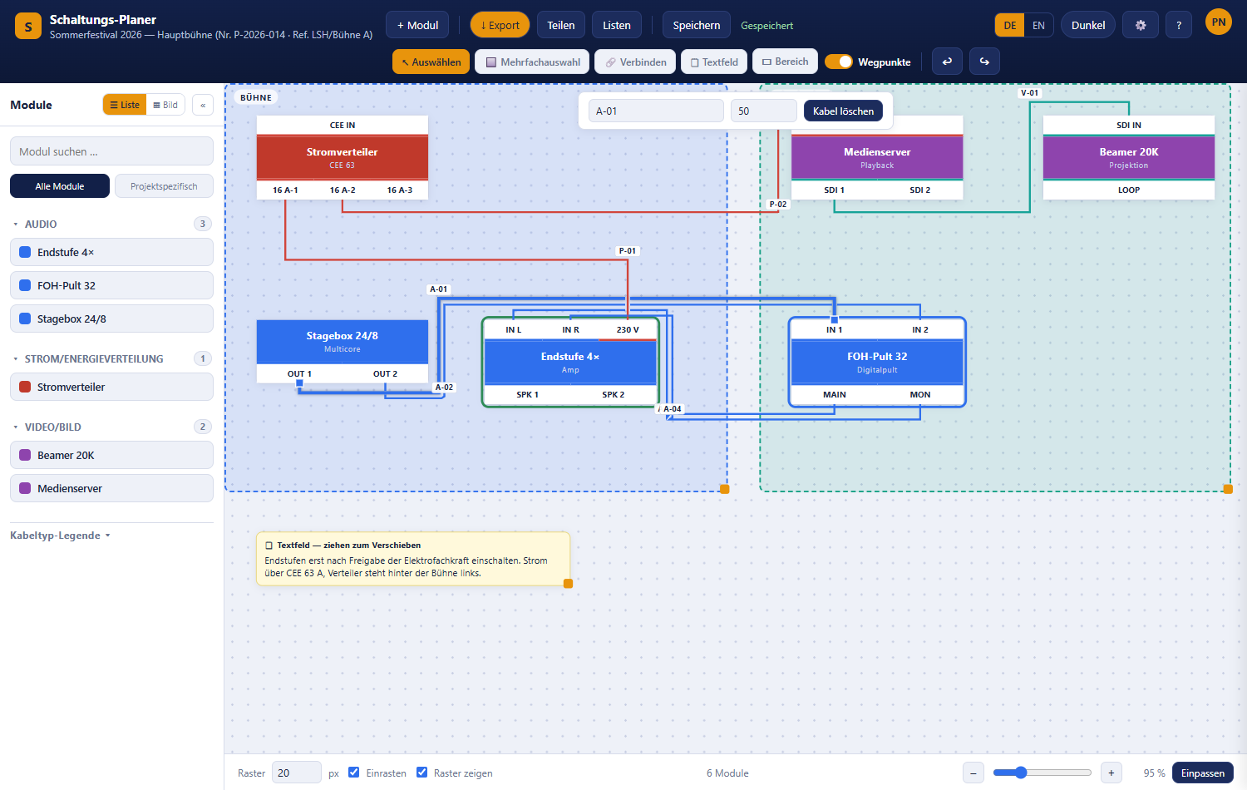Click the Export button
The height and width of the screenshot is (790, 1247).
pyautogui.click(x=500, y=25)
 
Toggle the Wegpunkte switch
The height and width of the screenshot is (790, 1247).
pyautogui.click(x=838, y=62)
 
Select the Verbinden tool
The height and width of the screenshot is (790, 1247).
pyautogui.click(x=635, y=62)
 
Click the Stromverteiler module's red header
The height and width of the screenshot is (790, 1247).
pyautogui.click(x=343, y=157)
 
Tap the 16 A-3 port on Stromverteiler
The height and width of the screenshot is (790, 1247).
pyautogui.click(x=400, y=190)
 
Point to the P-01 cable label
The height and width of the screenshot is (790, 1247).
pyautogui.click(x=628, y=251)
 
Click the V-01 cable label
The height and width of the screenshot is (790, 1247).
pyautogui.click(x=1029, y=93)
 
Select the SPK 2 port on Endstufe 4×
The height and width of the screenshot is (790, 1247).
pyautogui.click(x=613, y=395)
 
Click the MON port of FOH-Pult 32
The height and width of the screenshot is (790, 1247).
pyautogui.click(x=920, y=395)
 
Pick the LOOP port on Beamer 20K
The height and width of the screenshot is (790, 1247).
pyautogui.click(x=1129, y=190)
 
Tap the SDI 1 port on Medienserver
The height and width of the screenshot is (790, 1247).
pyautogui.click(x=834, y=190)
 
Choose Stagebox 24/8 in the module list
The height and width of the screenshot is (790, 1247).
pyautogui.click(x=111, y=319)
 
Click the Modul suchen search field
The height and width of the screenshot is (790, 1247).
pyautogui.click(x=111, y=151)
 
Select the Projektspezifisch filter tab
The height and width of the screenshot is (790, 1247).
pyautogui.click(x=164, y=186)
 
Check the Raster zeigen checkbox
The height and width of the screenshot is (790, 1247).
pyautogui.click(x=422, y=773)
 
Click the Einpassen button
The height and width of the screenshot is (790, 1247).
pyautogui.click(x=1202, y=773)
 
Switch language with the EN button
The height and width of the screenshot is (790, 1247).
pyautogui.click(x=1038, y=25)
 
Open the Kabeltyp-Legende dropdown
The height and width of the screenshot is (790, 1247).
pyautogui.click(x=60, y=536)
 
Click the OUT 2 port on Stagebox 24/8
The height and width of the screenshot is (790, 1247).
pyautogui.click(x=385, y=373)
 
